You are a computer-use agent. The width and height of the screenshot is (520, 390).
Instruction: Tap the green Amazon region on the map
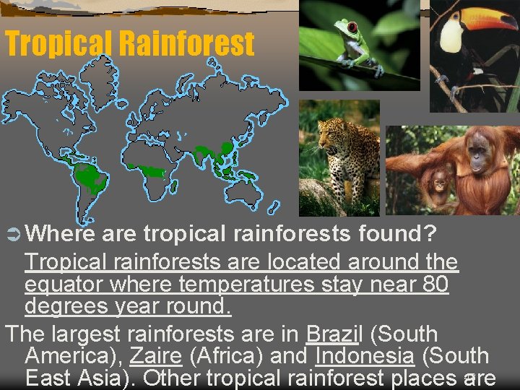90,177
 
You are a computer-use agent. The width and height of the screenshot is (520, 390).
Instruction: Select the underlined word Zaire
153,356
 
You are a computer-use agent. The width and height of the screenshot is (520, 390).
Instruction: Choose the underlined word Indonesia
364,356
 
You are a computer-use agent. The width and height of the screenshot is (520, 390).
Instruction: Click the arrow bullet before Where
14,234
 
